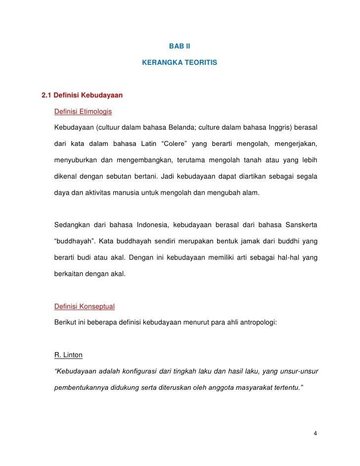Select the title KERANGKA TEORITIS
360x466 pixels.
(x=180, y=64)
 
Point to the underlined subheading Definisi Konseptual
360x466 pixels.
(x=84, y=307)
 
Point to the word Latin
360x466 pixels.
(x=147, y=144)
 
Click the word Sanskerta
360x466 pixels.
(x=302, y=226)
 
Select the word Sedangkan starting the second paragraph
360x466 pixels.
(x=72, y=226)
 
